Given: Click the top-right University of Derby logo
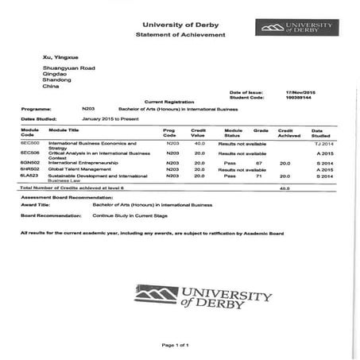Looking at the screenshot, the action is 293,28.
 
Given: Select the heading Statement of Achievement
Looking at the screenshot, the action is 180,36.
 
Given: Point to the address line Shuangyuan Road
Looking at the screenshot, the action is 66,70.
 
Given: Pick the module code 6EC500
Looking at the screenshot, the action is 30,143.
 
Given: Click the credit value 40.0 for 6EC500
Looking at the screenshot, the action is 199,143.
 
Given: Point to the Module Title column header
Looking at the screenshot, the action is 64,129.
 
